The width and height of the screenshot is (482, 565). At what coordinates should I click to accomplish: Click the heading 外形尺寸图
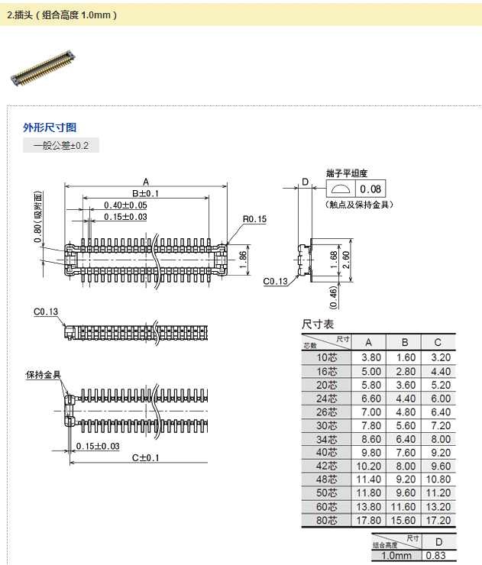point(50,128)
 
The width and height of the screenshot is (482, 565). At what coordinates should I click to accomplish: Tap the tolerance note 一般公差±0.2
point(61,145)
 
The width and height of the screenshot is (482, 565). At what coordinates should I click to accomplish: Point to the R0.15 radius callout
point(254,220)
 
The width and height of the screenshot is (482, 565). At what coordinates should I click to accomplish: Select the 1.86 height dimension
point(243,257)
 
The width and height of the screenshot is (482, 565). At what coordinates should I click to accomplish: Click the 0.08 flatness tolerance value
point(372,189)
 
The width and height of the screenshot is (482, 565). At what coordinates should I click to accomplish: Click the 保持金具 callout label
point(43,375)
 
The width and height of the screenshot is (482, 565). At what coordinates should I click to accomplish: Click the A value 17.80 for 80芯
point(370,521)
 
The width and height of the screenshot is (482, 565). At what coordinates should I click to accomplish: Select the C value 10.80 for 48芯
point(438,479)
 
